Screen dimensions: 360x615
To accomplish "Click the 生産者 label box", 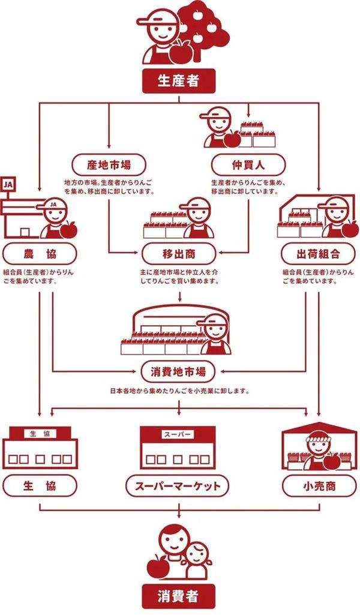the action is (x=179, y=81).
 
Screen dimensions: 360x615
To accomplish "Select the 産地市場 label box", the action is (x=109, y=165).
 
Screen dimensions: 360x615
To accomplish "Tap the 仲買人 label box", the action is (x=248, y=165).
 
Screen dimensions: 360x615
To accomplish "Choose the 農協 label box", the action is (x=40, y=253).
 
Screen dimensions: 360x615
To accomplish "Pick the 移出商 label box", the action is (x=179, y=253).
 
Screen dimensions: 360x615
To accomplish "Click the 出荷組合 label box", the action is (x=318, y=253).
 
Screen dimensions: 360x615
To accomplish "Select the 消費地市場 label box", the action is (x=178, y=371).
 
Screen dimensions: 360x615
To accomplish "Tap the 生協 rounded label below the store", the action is (x=40, y=486).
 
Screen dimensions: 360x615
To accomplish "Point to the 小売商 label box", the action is (x=319, y=486).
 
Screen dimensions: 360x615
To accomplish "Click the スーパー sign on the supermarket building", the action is (x=178, y=434).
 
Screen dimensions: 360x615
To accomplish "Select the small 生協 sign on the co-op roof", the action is (x=40, y=433).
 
